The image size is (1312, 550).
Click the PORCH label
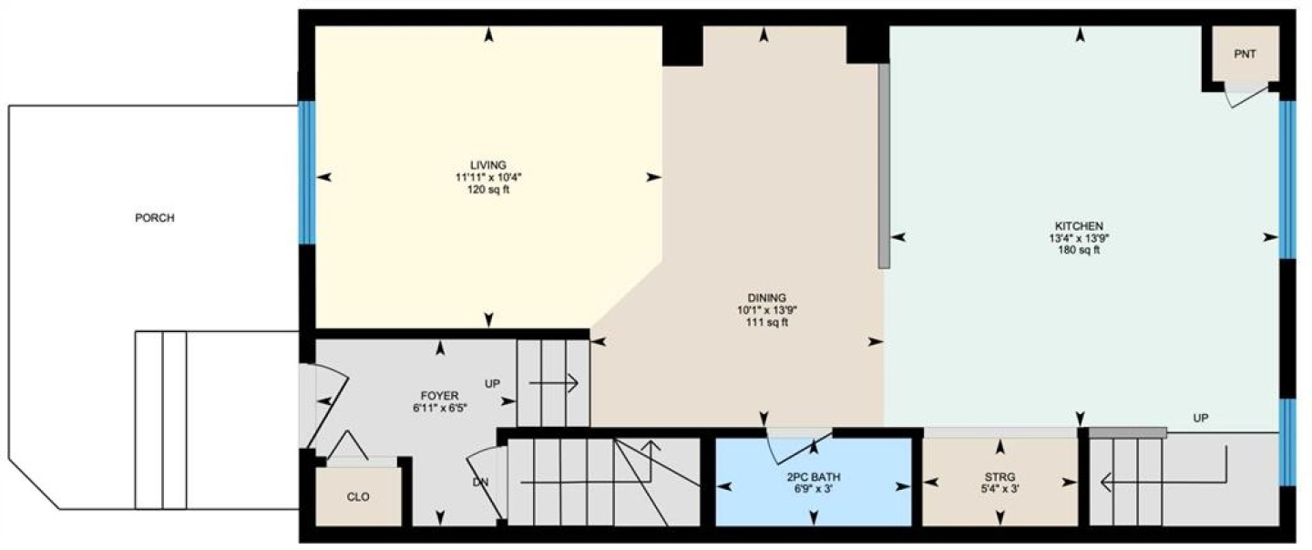pos(155,217)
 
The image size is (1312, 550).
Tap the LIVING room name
pos(488,165)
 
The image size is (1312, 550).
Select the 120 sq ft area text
pos(488,190)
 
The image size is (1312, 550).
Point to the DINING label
pos(767,298)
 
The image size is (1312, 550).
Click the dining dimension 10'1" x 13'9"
pos(767,310)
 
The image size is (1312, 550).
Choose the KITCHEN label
pos(1079,226)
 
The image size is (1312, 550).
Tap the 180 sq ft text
pos(1079,250)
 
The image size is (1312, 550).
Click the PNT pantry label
pos(1245,54)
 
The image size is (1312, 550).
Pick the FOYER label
pos(439,396)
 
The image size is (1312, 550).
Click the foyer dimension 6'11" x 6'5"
pos(439,408)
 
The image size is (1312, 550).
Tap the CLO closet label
pos(358,496)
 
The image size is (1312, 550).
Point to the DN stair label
pos(480,483)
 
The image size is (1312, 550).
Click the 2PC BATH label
pos(814,477)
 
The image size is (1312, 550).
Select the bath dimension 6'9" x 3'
pos(814,489)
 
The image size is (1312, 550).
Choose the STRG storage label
pos(999,477)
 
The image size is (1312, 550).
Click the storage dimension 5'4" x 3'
pos(999,489)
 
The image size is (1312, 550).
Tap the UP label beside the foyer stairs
pos(492,383)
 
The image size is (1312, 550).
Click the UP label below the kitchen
pos(1201,418)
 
